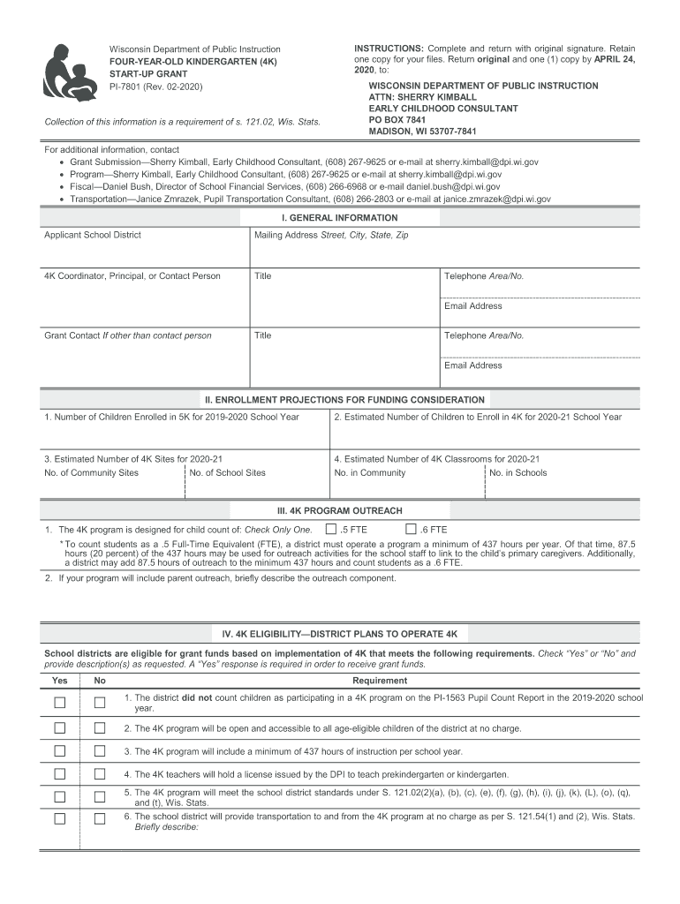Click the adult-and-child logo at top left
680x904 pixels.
pyautogui.click(x=70, y=72)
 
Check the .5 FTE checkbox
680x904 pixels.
pyautogui.click(x=331, y=530)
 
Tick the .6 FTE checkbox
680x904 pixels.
pyautogui.click(x=411, y=530)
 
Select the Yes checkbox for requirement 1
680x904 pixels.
pyautogui.click(x=60, y=703)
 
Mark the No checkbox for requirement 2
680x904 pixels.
pyautogui.click(x=100, y=728)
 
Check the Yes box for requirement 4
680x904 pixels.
pyautogui.click(x=60, y=774)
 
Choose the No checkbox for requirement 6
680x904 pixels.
pyautogui.click(x=100, y=818)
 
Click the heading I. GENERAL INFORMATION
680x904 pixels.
pyautogui.click(x=339, y=218)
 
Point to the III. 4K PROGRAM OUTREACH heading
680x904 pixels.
pyautogui.click(x=340, y=511)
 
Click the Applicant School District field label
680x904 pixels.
pyautogui.click(x=93, y=236)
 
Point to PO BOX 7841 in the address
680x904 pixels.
pyautogui.click(x=397, y=120)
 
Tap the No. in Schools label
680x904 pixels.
pyautogui.click(x=518, y=473)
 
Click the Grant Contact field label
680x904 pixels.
pyautogui.click(x=128, y=335)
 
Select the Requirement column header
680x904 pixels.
pyautogui.click(x=380, y=681)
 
